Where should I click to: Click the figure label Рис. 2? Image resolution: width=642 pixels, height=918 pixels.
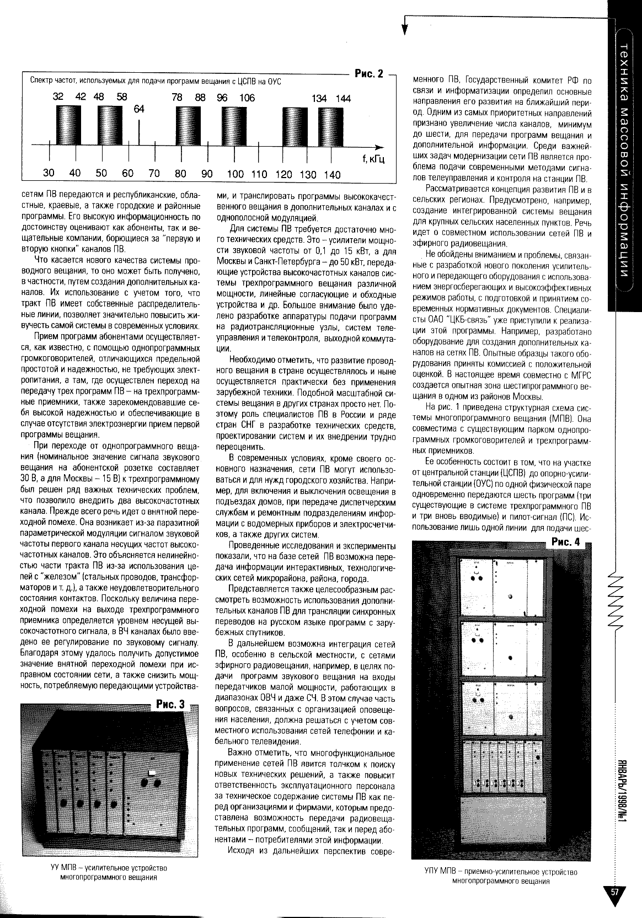point(369,74)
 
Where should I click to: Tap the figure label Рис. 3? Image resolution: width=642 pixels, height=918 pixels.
point(170,704)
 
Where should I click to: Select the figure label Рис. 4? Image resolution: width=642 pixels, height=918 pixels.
point(566,542)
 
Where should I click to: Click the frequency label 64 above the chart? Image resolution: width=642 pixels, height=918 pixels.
point(138,109)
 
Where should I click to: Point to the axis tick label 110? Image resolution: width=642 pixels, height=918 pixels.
point(259,174)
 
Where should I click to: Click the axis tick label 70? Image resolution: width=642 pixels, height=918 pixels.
point(154,174)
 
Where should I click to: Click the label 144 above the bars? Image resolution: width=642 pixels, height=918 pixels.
point(343,99)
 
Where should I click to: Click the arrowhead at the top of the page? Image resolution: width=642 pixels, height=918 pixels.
point(405,29)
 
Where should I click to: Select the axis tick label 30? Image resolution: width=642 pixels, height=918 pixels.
point(49,173)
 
